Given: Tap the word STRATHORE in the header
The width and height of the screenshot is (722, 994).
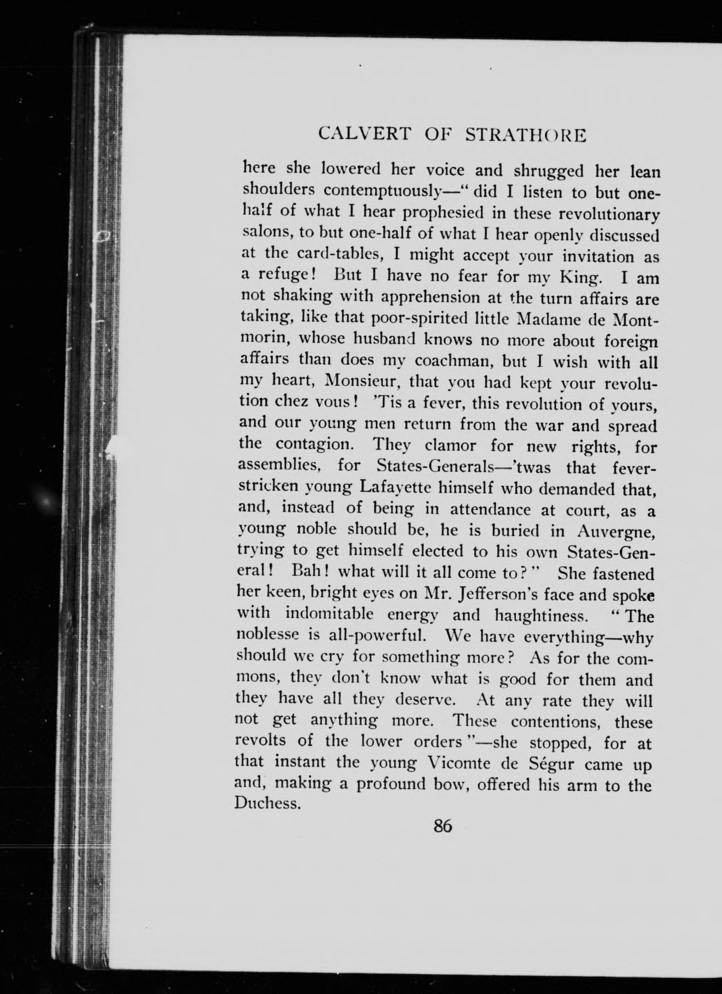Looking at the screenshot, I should (x=525, y=135).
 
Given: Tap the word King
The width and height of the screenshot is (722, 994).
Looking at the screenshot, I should (x=579, y=277).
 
